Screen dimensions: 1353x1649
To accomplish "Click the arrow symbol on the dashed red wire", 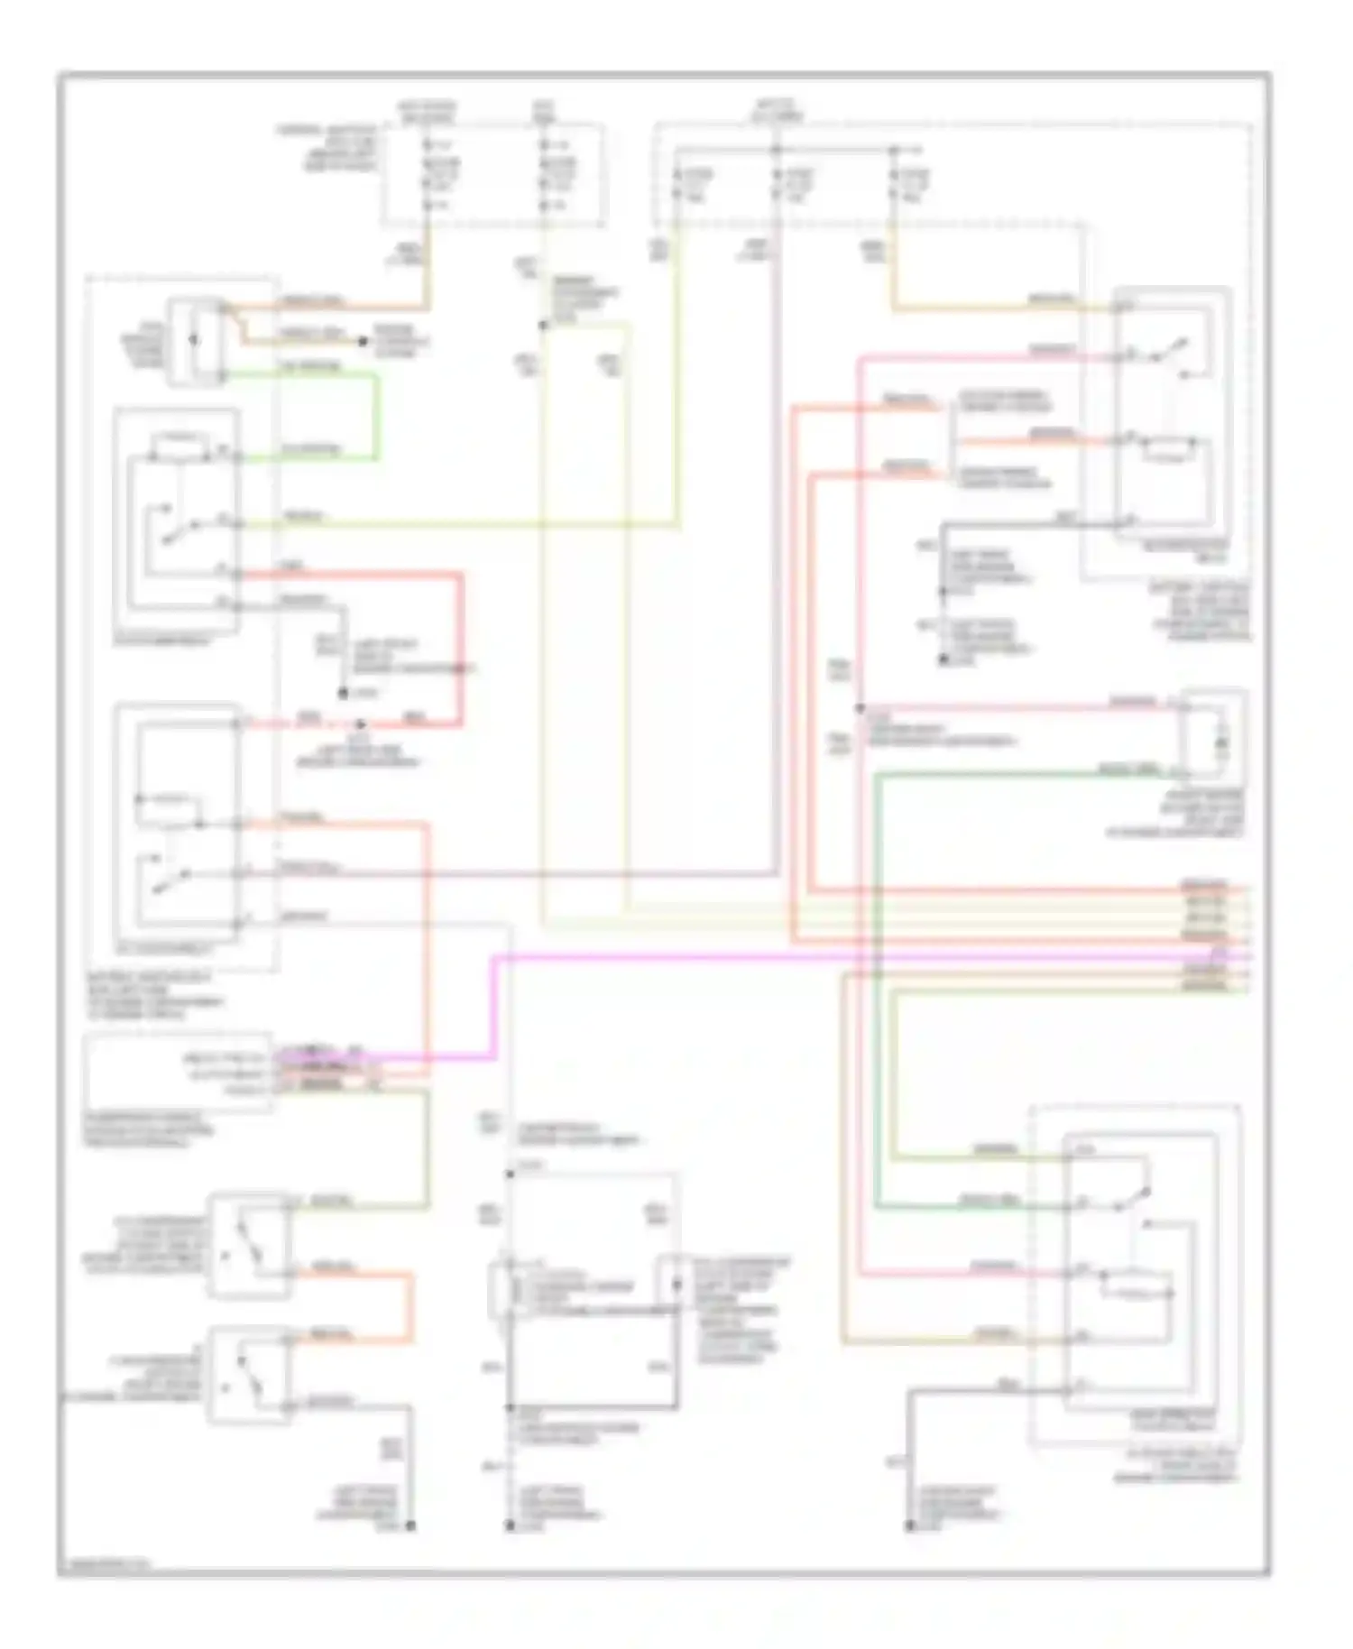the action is point(360,723).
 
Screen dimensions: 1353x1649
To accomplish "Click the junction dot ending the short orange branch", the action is point(362,342).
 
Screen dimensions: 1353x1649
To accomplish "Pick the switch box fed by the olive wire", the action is point(250,1246).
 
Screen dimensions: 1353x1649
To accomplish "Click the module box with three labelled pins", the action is point(177,1071).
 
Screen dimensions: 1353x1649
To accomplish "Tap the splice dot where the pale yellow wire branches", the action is point(542,325).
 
